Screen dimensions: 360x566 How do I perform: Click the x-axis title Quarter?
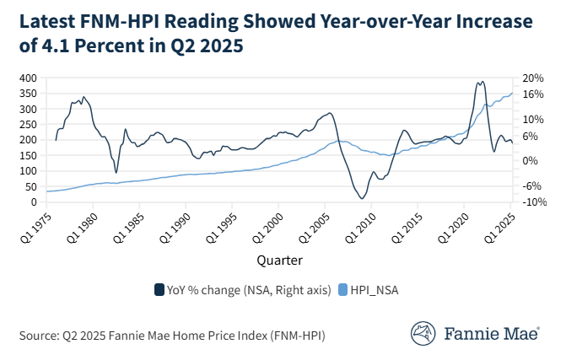pos(282,261)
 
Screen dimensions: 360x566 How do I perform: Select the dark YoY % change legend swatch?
pos(159,290)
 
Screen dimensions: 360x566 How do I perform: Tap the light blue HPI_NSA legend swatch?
pos(343,290)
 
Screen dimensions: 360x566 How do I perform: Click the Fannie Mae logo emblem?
pos(423,333)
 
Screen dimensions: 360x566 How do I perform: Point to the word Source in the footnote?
pos(38,336)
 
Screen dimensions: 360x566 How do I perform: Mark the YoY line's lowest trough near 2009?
pos(362,199)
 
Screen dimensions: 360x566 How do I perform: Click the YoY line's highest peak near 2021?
pos(482,82)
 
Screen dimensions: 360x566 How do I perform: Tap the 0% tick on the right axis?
pos(528,161)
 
